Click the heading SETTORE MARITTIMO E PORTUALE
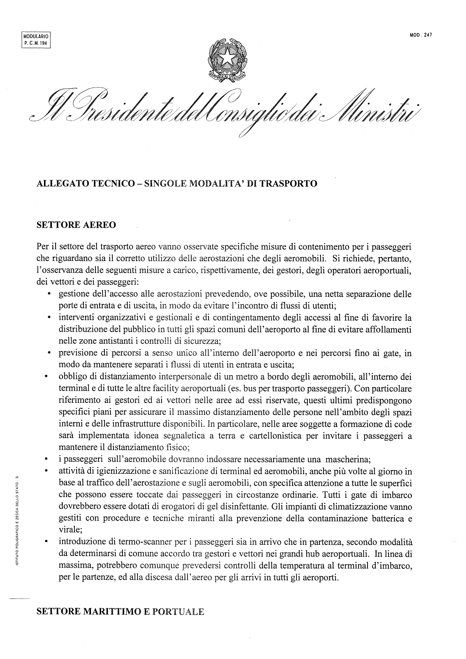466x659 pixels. (x=120, y=611)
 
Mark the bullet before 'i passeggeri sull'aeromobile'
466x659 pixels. (x=46, y=459)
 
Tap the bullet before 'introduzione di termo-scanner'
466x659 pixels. (x=46, y=542)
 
